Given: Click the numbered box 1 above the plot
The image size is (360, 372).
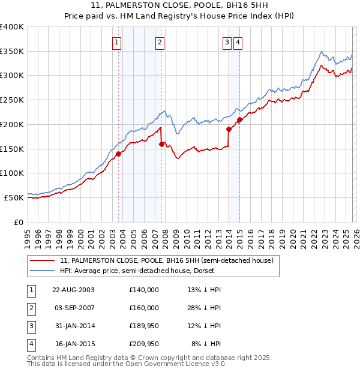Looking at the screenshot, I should coord(116,42).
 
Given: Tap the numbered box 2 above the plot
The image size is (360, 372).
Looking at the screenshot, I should coord(160,42).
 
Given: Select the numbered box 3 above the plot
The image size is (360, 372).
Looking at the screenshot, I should coord(227,42).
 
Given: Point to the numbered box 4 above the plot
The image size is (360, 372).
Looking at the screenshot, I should coord(238,42).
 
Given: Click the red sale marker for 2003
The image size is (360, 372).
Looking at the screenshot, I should coord(118,154).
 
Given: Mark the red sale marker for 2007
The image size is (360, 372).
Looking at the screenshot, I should coord(162,144).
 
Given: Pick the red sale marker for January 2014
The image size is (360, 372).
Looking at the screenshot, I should coord(229,129).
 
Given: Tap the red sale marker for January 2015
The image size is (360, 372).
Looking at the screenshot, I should coord(239,119).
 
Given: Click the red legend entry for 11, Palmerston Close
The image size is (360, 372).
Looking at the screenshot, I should coord(166,260).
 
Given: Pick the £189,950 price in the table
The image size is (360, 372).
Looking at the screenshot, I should coord(144,326).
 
